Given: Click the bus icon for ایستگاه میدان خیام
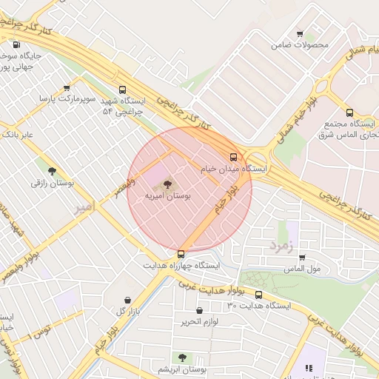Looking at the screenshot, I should pyautogui.click(x=234, y=157).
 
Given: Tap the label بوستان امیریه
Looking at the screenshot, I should pyautogui.click(x=168, y=196).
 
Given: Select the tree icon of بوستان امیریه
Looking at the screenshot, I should pyautogui.click(x=168, y=183).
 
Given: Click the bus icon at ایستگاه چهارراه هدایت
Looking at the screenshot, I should pyautogui.click(x=181, y=253).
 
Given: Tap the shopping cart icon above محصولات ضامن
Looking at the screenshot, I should pyautogui.click(x=300, y=33).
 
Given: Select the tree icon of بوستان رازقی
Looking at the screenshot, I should pyautogui.click(x=51, y=171).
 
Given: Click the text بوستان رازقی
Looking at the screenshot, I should pyautogui.click(x=50, y=183).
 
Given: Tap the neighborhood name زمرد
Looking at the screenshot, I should pyautogui.click(x=282, y=244).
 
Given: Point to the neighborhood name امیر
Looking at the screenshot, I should pyautogui.click(x=84, y=208).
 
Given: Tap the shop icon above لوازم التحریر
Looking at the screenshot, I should pyautogui.click(x=199, y=310).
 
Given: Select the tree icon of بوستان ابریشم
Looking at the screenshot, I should pyautogui.click(x=182, y=358).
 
